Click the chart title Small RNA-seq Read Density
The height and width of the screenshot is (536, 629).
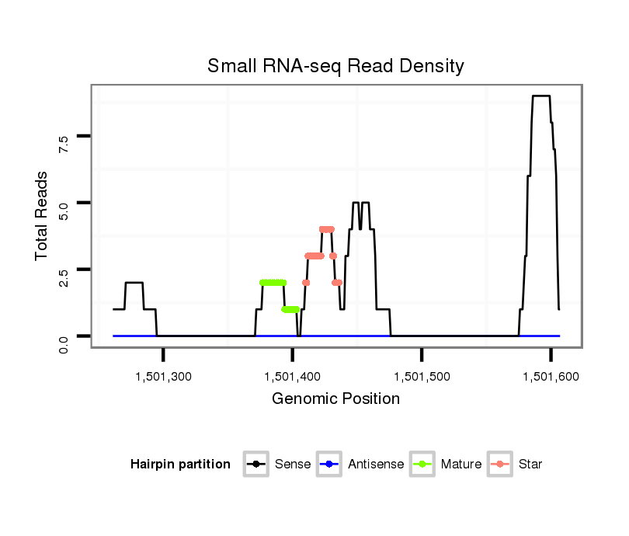pos(335,67)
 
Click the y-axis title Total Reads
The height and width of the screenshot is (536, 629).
pos(42,215)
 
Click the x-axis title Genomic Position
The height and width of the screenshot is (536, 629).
pos(335,399)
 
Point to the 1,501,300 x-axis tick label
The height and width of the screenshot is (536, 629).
pos(163,377)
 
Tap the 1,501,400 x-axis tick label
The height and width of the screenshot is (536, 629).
pos(292,377)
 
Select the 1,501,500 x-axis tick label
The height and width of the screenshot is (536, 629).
pos(422,377)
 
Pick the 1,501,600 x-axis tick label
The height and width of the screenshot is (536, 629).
pos(551,377)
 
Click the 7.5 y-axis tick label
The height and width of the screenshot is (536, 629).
pos(64,143)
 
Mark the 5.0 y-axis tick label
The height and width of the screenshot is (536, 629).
pos(64,210)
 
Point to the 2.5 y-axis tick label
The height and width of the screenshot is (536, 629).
pos(64,276)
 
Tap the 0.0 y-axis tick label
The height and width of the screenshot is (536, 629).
pos(64,343)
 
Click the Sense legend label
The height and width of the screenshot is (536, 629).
pos(292,465)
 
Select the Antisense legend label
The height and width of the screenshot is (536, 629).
pos(376,465)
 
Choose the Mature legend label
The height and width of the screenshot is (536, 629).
pos(460,465)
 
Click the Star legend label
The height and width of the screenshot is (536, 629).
pos(530,465)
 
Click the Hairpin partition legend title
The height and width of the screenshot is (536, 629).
pos(180,465)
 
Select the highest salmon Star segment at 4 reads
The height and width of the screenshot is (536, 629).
pos(327,229)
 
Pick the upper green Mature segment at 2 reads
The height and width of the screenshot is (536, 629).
pos(273,283)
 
